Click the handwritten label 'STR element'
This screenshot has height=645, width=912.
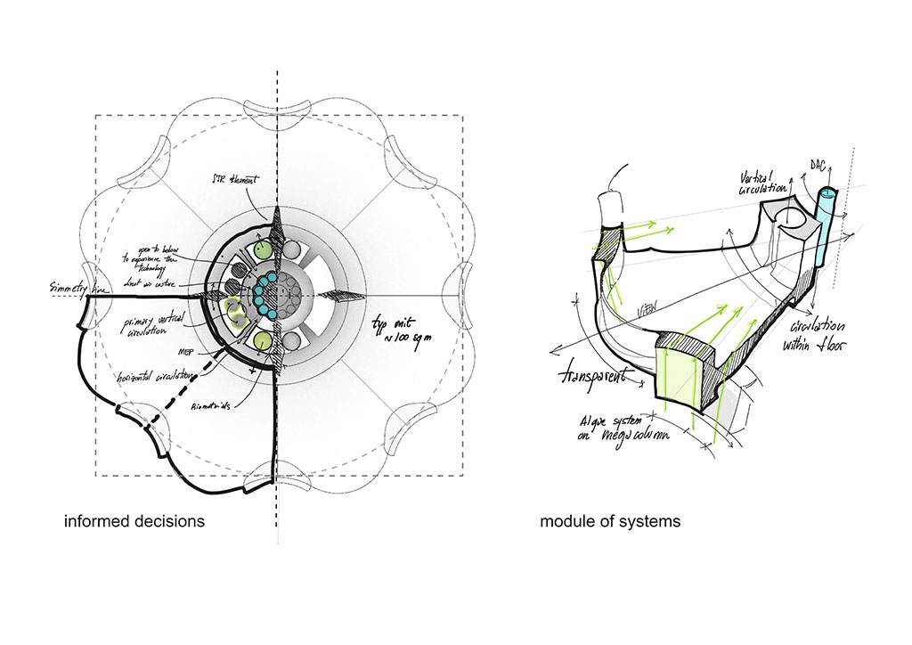tap(242, 179)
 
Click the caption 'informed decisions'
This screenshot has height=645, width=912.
tap(134, 520)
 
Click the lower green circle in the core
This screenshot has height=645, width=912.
tap(262, 342)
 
